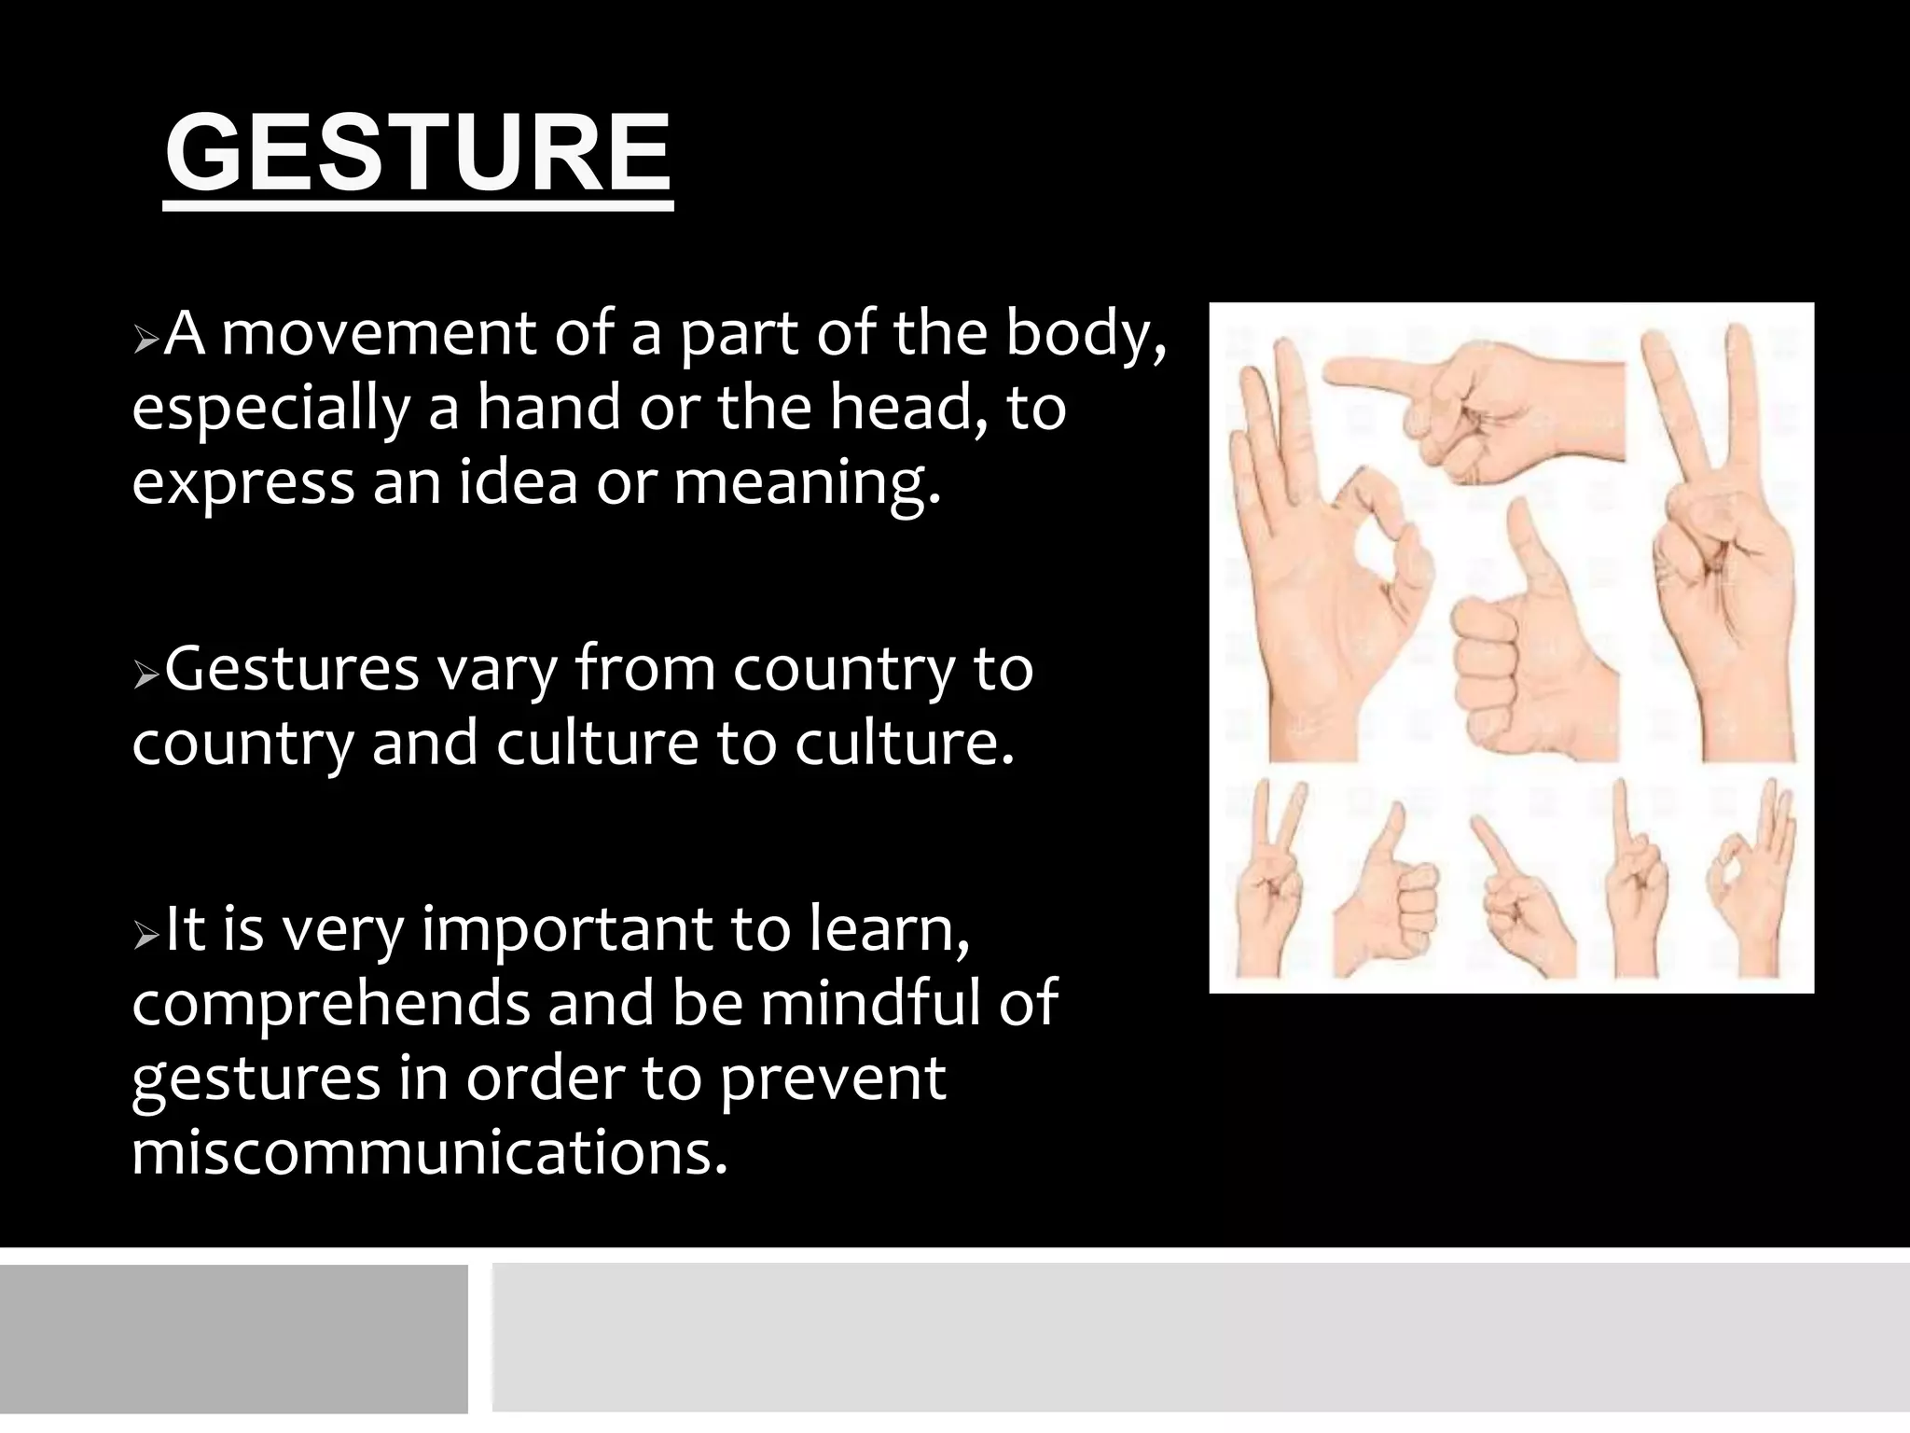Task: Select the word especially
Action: coord(271,410)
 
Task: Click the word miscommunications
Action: coord(428,1153)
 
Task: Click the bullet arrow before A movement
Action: coord(146,340)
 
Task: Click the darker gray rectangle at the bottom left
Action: coord(233,1338)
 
